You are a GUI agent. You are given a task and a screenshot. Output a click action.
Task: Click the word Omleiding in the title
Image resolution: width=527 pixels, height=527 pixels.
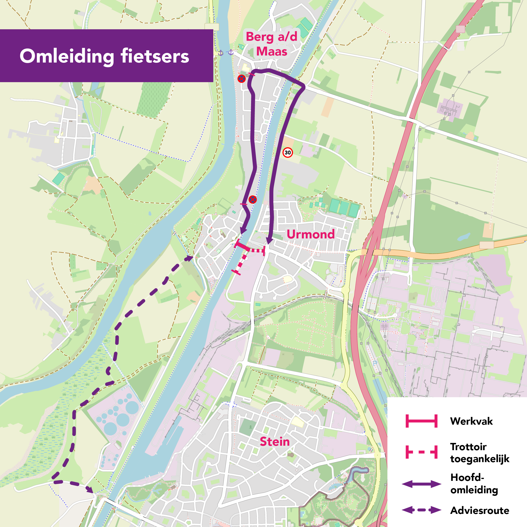pyautogui.click(x=67, y=56)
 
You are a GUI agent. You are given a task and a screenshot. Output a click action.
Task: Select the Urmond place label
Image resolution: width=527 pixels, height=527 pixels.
pyautogui.click(x=310, y=234)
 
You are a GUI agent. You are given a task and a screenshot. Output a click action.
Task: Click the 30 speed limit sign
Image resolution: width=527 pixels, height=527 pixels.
pyautogui.click(x=287, y=152)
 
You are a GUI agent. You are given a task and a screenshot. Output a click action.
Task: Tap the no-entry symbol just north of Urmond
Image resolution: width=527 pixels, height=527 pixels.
pyautogui.click(x=252, y=199)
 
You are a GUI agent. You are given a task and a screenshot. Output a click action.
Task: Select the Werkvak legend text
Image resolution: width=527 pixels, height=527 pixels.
pyautogui.click(x=471, y=421)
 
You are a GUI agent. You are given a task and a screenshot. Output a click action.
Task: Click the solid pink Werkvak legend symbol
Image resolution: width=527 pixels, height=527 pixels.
pyautogui.click(x=421, y=421)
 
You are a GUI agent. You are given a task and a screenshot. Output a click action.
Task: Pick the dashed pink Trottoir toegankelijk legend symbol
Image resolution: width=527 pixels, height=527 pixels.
pyautogui.click(x=421, y=452)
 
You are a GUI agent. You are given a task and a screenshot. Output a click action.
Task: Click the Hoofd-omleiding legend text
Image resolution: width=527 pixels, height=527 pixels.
pyautogui.click(x=474, y=483)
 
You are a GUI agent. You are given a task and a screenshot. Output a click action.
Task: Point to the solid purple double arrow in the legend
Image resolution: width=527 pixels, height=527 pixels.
pyautogui.click(x=421, y=484)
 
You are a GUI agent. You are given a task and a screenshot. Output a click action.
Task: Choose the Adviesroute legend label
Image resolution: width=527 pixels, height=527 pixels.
pyautogui.click(x=479, y=510)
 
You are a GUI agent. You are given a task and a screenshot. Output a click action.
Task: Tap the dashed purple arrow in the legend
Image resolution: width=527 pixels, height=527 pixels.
pyautogui.click(x=421, y=510)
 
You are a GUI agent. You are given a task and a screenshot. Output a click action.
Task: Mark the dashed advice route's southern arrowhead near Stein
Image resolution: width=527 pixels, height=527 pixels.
pyautogui.click(x=89, y=489)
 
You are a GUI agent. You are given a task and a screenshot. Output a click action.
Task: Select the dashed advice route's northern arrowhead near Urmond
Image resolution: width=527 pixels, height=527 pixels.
pyautogui.click(x=189, y=258)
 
